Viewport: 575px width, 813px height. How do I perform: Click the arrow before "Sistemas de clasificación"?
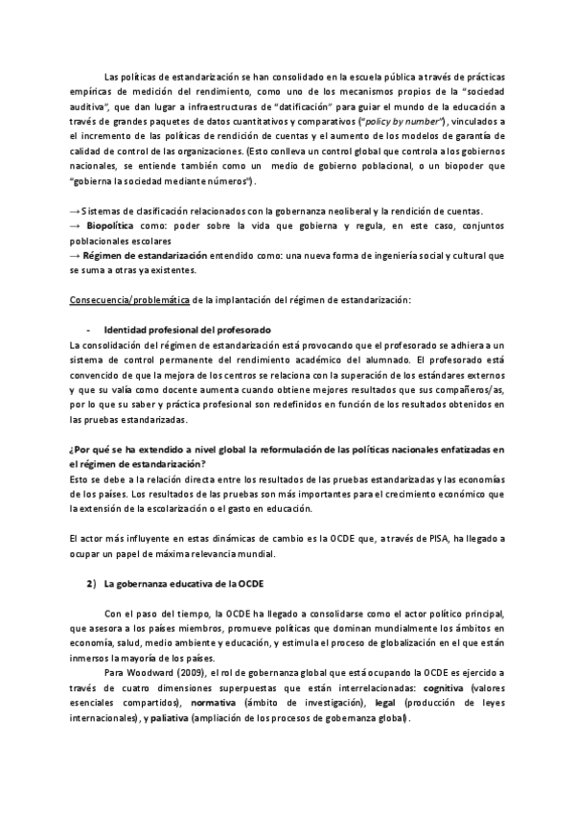tap(75, 211)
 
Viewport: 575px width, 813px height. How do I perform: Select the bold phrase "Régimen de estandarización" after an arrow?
tap(145, 256)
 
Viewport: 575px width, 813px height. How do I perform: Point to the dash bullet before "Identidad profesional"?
tap(88, 330)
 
